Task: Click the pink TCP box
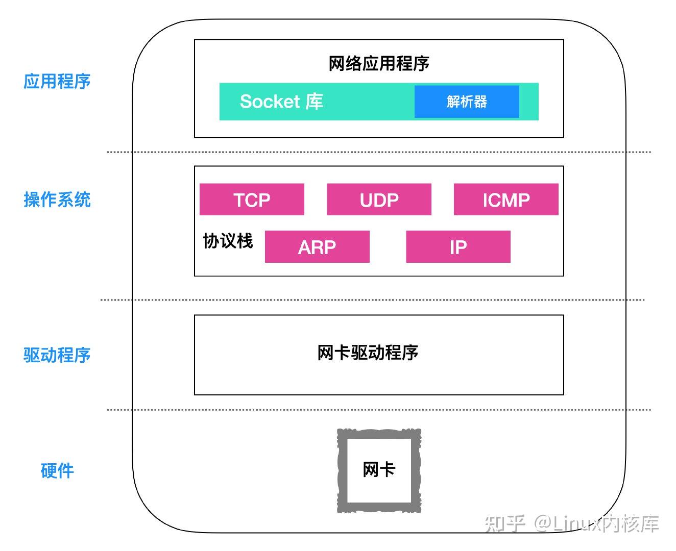click(252, 199)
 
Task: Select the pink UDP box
click(379, 199)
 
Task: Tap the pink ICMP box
click(506, 199)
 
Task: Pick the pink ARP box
click(317, 247)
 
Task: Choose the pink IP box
click(458, 247)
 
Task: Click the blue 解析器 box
click(467, 102)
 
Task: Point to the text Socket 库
click(281, 102)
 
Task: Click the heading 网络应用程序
click(379, 64)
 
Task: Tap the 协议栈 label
click(228, 241)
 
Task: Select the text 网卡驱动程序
click(368, 353)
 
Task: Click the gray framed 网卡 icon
click(379, 470)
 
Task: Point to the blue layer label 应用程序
click(57, 81)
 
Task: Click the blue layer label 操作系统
click(57, 199)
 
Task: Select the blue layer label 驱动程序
click(57, 355)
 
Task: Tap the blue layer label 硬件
click(57, 470)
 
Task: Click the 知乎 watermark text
click(505, 523)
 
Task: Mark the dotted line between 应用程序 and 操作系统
click(378, 152)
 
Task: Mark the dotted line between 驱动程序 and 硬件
click(378, 410)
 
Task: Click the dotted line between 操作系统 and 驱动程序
click(373, 300)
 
